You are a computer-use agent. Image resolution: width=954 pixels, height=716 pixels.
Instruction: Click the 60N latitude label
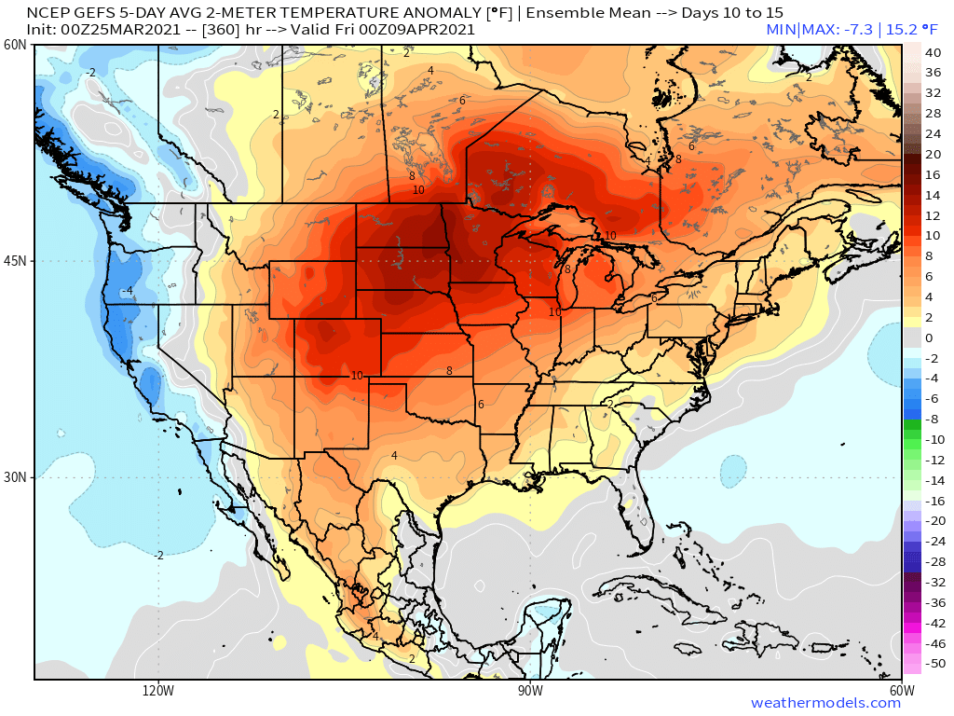[15, 46]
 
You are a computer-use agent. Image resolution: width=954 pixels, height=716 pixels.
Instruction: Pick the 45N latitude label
[15, 261]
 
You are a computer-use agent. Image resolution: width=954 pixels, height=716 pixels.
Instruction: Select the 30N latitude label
[15, 477]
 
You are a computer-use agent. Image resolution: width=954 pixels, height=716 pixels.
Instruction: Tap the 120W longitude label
[158, 691]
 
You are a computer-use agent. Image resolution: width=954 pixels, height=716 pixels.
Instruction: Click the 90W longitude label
[530, 691]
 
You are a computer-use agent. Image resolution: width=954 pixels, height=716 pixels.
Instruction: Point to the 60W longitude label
[901, 691]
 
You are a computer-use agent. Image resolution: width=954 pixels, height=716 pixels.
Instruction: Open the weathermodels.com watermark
[825, 703]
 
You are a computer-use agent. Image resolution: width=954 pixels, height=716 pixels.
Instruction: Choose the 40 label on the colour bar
[934, 53]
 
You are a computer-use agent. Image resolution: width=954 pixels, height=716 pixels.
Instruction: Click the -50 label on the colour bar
[934, 664]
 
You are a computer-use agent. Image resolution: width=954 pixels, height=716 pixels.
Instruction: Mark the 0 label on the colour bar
[928, 337]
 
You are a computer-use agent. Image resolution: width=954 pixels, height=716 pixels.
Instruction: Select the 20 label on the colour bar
[934, 155]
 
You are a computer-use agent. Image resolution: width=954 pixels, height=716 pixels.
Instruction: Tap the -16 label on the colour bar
[934, 501]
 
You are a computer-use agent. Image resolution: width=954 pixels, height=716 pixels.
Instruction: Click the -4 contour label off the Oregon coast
[129, 292]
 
